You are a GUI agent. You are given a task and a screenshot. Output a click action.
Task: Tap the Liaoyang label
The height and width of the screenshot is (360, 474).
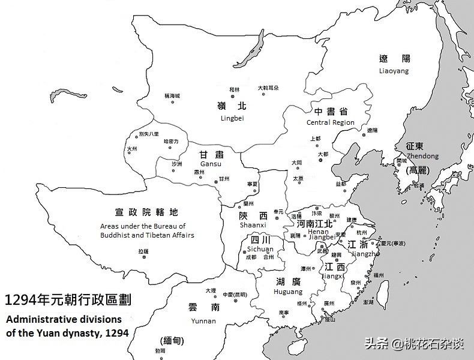[x=394, y=71]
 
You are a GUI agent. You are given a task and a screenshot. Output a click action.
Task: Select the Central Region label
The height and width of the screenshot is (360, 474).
[x=330, y=122]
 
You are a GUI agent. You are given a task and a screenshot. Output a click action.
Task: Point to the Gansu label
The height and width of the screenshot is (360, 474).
[x=211, y=164]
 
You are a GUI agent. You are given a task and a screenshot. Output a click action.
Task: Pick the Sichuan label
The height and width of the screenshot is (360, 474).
[x=260, y=249]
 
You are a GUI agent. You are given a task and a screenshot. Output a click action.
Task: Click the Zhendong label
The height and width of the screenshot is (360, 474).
[x=422, y=156]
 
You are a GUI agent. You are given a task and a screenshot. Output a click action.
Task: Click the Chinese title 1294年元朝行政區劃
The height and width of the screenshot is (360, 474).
[x=67, y=299]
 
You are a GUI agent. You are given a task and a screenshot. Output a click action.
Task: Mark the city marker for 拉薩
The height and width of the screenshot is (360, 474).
[x=143, y=257]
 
